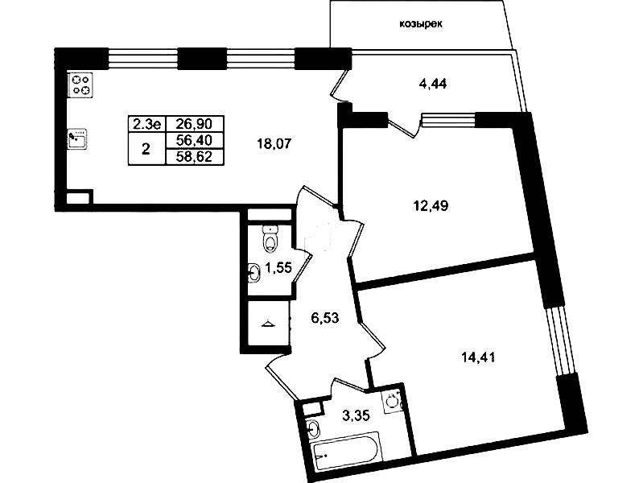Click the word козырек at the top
point(421,24)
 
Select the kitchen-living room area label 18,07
point(274,143)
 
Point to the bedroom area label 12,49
point(431,205)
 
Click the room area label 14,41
point(478,357)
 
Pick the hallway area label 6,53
point(325,317)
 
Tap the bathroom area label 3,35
point(356,415)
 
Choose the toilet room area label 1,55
point(278,268)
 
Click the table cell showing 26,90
point(195,123)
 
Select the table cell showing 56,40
point(195,140)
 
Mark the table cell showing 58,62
point(195,156)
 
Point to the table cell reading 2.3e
point(146,123)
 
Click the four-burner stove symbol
point(80,85)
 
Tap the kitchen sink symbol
point(77,139)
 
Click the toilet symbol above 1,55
point(270,238)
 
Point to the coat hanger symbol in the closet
point(269,324)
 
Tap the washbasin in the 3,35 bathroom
point(313,430)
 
